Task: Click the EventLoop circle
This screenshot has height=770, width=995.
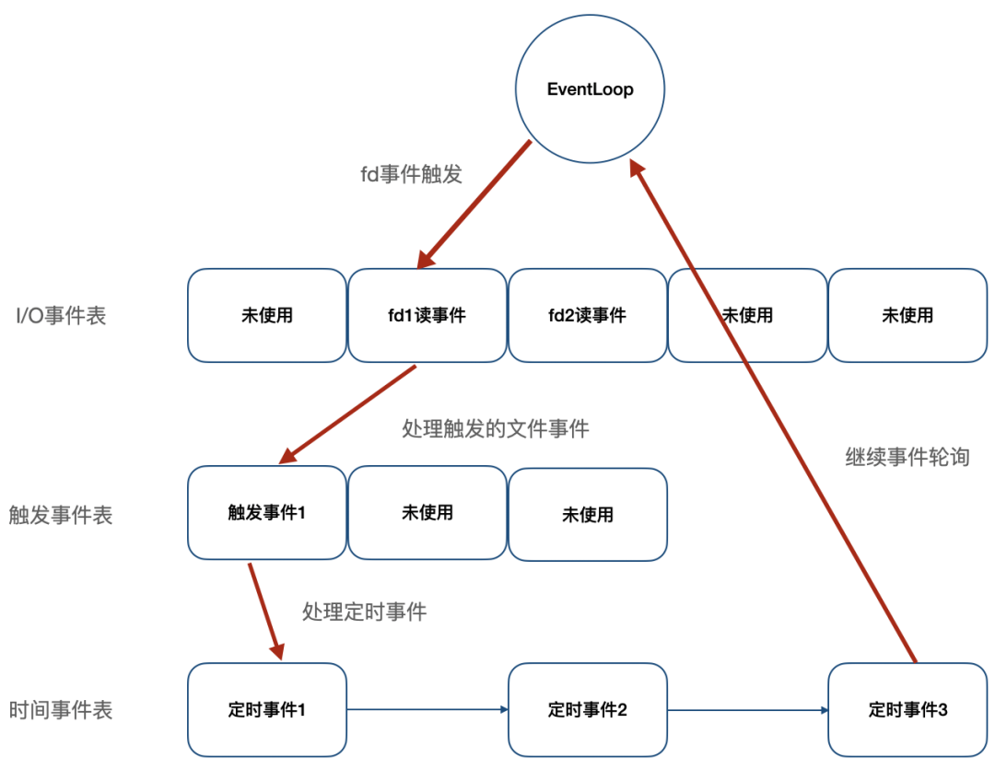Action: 591,89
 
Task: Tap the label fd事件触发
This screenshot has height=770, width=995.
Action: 411,173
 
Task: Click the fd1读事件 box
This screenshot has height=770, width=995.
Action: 427,316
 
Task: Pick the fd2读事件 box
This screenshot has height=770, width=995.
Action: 587,316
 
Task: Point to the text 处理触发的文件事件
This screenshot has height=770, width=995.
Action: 496,428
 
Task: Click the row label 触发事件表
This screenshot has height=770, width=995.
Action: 61,515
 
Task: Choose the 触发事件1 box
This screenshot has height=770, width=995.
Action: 266,512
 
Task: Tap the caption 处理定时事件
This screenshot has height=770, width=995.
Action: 364,612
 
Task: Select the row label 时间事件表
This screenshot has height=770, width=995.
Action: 61,710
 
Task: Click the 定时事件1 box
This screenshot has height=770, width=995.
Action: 266,710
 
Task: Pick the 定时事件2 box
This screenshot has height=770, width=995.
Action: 587,710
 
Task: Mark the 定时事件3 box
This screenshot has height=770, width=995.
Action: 907,710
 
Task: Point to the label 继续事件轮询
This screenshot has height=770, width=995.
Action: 907,457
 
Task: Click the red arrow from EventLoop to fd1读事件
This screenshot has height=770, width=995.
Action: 474,204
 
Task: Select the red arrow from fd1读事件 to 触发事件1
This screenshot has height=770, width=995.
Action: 348,414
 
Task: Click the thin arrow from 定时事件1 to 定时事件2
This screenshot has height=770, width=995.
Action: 427,709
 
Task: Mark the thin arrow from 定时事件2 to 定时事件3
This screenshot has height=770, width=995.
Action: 747,709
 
